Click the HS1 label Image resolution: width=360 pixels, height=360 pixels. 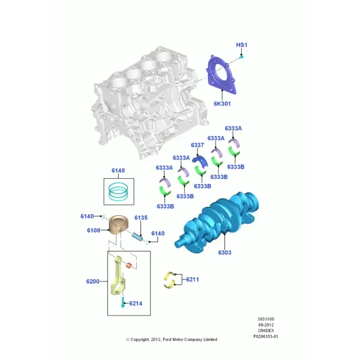tap(242, 45)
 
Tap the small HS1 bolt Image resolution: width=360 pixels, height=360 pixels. tap(241, 57)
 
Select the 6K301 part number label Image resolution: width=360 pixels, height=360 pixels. tap(222, 104)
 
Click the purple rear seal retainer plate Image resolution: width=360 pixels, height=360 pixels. tap(221, 74)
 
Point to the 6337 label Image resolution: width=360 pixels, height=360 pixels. tap(197, 145)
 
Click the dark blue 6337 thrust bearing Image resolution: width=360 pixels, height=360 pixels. tap(200, 160)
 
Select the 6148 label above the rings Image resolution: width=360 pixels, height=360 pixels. tap(118, 170)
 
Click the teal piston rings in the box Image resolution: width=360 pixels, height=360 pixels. tap(118, 192)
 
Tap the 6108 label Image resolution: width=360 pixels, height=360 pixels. tap(94, 230)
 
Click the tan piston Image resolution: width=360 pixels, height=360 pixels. tap(118, 225)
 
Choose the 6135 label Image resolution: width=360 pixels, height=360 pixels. tap(141, 218)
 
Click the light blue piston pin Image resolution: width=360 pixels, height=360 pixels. tap(137, 236)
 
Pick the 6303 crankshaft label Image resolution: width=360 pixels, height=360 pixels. tap(224, 253)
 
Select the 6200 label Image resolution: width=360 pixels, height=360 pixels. tap(93, 281)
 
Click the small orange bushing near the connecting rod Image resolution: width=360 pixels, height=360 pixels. tap(129, 265)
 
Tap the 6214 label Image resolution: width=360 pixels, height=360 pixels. tap(136, 303)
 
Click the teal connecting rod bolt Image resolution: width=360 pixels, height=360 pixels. tap(123, 302)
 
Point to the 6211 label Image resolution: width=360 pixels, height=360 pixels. tap(193, 280)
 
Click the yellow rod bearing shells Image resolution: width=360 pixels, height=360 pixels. tap(169, 280)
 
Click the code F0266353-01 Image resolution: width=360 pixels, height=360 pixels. tap(266, 337)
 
